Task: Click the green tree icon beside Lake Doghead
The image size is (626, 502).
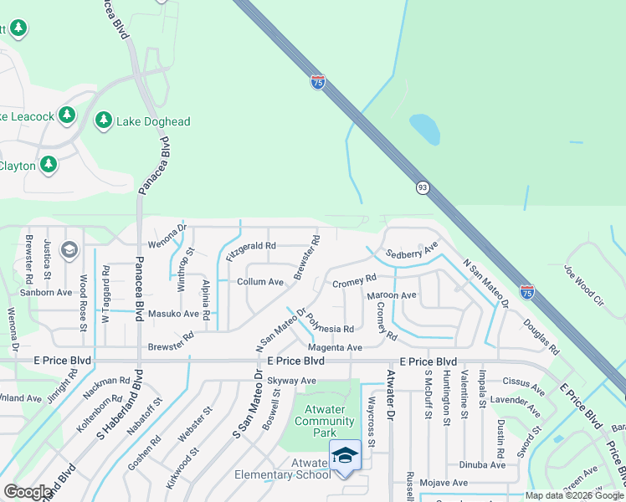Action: click(x=103, y=121)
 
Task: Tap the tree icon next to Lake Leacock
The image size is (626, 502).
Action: click(x=67, y=115)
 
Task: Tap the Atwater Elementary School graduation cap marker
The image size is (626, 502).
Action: click(x=344, y=455)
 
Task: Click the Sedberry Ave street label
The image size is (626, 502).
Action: click(x=412, y=251)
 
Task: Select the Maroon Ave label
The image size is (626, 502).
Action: click(x=392, y=296)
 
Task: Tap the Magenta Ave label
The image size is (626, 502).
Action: click(x=335, y=347)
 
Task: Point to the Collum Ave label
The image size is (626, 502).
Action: click(x=260, y=282)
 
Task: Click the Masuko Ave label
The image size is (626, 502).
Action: click(x=173, y=314)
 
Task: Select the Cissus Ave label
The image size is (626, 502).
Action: click(x=527, y=382)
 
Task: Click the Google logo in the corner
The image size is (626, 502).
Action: click(x=28, y=492)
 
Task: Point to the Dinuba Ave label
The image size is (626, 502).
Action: click(x=483, y=464)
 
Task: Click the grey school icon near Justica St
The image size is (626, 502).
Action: click(x=69, y=248)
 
